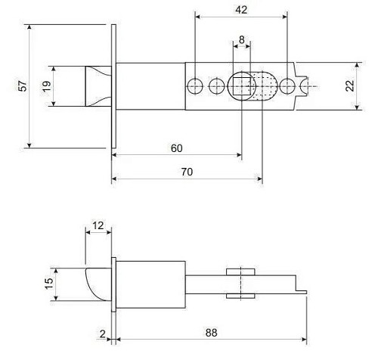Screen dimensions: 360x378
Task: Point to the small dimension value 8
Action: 241,39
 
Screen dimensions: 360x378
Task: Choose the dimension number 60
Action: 176,148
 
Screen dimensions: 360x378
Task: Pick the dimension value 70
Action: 187,172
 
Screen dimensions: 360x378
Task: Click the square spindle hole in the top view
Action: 241,86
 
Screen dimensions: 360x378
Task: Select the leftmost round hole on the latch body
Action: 196,86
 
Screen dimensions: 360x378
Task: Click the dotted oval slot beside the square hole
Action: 262,86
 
